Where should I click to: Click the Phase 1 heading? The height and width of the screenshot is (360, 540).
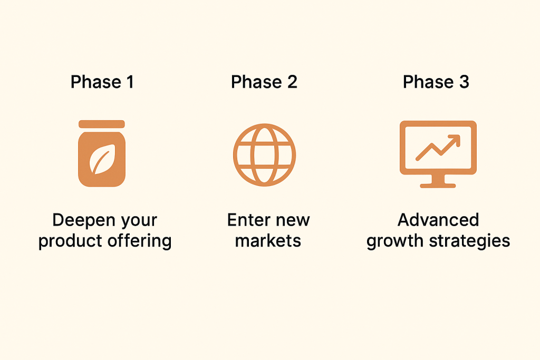(x=102, y=82)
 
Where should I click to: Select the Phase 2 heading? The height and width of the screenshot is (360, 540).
(x=264, y=82)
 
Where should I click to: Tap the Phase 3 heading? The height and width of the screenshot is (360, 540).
(x=436, y=82)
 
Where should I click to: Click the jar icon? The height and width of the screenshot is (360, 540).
(x=102, y=153)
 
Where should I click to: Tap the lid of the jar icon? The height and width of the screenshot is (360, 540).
(x=102, y=124)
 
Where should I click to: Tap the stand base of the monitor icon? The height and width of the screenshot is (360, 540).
(x=438, y=186)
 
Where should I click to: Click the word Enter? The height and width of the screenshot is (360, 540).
(x=247, y=220)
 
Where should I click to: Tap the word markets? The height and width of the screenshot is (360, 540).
(x=268, y=240)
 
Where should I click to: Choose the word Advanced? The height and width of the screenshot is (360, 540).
(x=438, y=220)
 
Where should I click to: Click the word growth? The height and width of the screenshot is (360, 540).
(x=395, y=241)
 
